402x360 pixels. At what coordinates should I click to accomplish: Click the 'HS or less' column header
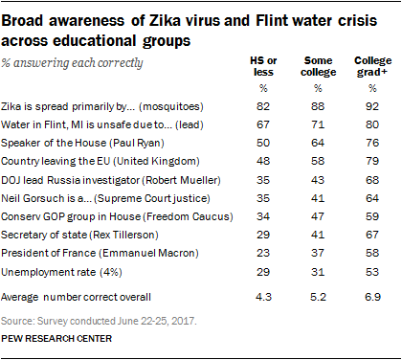263,66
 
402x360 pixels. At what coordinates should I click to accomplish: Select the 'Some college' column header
318,66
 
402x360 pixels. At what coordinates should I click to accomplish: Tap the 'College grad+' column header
372,66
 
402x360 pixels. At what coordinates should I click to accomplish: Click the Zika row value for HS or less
263,106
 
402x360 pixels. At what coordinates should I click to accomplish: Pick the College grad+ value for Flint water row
372,124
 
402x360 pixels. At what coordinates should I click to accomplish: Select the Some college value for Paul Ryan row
318,143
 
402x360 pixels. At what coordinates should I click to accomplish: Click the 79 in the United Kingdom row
372,161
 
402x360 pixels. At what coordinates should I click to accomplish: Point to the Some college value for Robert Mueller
318,180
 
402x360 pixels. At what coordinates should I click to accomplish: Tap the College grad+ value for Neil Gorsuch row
372,198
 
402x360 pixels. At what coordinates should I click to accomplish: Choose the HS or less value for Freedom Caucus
263,216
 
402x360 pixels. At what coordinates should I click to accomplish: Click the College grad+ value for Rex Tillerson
372,235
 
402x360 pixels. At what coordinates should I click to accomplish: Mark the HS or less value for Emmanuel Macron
263,253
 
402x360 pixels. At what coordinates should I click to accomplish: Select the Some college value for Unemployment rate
318,272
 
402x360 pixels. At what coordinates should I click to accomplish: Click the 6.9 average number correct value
372,297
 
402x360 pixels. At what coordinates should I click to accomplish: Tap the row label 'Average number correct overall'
76,297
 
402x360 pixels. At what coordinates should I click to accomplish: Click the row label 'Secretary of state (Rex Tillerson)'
79,235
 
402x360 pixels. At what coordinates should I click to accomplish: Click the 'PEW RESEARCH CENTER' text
56,339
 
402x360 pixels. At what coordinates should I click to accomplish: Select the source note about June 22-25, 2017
99,321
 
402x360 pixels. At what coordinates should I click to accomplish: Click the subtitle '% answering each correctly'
72,63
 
